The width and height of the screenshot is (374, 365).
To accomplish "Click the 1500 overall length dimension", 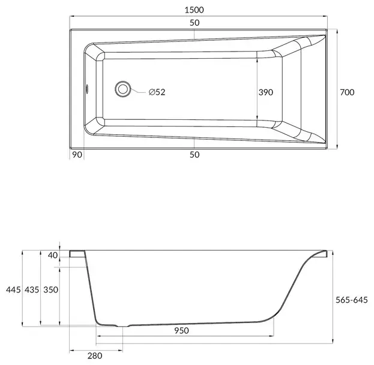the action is coord(194,10).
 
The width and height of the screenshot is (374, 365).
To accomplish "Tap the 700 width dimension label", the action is coord(347,92).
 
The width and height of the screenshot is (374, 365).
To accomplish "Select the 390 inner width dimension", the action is coord(266,92).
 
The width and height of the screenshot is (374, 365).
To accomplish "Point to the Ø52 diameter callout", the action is coord(157,92).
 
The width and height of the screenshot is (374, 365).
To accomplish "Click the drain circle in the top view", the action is coord(123,89).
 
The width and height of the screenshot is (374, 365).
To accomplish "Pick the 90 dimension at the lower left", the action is coord(77,155).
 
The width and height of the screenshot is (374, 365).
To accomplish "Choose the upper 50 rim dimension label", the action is coord(195,23).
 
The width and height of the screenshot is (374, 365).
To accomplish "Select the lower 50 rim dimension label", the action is coord(195,155).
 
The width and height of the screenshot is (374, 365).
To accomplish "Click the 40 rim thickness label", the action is coord(53,255).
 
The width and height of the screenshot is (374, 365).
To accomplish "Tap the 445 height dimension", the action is coord(13,289).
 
